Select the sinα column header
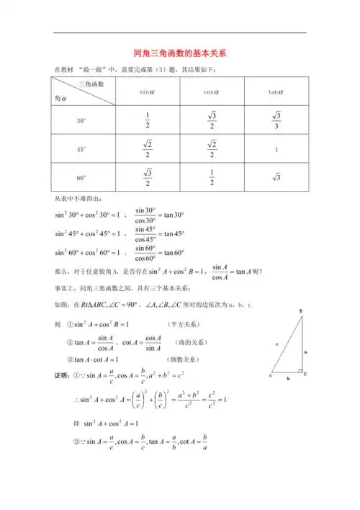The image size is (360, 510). [148, 91]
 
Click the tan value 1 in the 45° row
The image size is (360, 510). [274, 149]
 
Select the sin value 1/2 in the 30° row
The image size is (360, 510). [148, 121]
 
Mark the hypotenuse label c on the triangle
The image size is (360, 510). [276, 344]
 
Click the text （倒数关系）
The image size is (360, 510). [185, 359]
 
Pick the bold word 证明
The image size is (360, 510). [63, 375]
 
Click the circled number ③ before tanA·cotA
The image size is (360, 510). [71, 359]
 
